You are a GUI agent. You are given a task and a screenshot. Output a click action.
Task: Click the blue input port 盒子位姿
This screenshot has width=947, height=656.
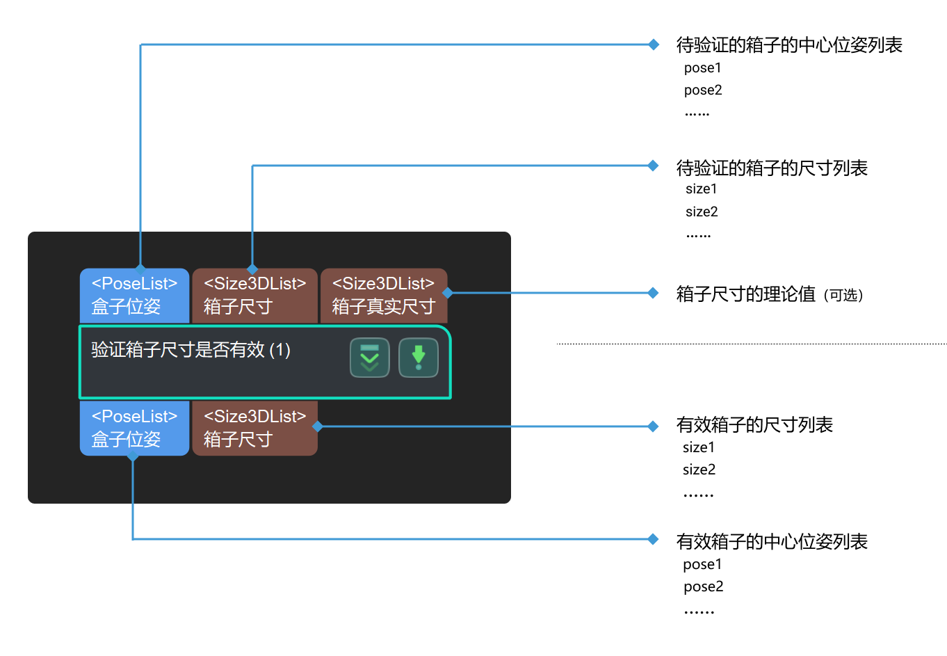click(x=134, y=295)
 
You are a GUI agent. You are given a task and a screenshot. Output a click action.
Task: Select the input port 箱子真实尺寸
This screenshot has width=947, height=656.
click(x=383, y=295)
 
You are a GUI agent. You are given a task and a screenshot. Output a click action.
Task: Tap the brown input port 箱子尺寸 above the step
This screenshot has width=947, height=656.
click(x=254, y=295)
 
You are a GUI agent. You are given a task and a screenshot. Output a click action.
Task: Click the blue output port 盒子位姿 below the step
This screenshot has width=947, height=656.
click(x=134, y=428)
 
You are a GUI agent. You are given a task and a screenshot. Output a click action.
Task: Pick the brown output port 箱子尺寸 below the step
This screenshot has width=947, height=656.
click(x=254, y=428)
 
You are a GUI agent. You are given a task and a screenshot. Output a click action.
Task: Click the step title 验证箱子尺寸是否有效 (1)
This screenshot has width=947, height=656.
click(x=191, y=349)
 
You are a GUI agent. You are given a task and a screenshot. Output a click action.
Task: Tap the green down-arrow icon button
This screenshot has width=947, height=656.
click(x=419, y=358)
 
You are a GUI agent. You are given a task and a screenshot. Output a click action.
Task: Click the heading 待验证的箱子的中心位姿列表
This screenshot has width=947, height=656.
click(x=789, y=45)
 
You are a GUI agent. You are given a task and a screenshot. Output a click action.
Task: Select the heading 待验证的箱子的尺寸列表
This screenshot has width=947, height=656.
click(x=772, y=168)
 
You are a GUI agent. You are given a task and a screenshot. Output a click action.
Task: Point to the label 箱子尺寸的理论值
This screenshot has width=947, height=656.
click(x=745, y=294)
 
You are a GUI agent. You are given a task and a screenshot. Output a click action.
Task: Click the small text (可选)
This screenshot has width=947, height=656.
click(x=843, y=296)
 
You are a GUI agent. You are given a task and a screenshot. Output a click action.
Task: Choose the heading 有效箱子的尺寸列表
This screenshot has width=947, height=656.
click(x=754, y=424)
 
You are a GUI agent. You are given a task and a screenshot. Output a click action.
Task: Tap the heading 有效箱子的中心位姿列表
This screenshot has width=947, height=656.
click(x=772, y=541)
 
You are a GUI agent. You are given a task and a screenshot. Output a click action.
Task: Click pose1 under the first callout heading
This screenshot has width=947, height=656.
click(x=703, y=68)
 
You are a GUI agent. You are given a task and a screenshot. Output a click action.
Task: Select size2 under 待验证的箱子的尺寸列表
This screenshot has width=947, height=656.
click(x=702, y=211)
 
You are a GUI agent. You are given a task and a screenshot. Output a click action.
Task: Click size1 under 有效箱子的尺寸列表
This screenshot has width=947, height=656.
click(x=699, y=447)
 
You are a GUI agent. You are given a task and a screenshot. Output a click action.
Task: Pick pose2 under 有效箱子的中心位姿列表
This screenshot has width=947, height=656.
click(x=703, y=586)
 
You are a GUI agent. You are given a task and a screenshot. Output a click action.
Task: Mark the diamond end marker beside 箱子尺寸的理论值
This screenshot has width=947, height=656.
click(x=653, y=293)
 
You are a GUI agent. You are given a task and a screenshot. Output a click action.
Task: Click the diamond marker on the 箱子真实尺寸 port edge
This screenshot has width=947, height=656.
click(x=448, y=293)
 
